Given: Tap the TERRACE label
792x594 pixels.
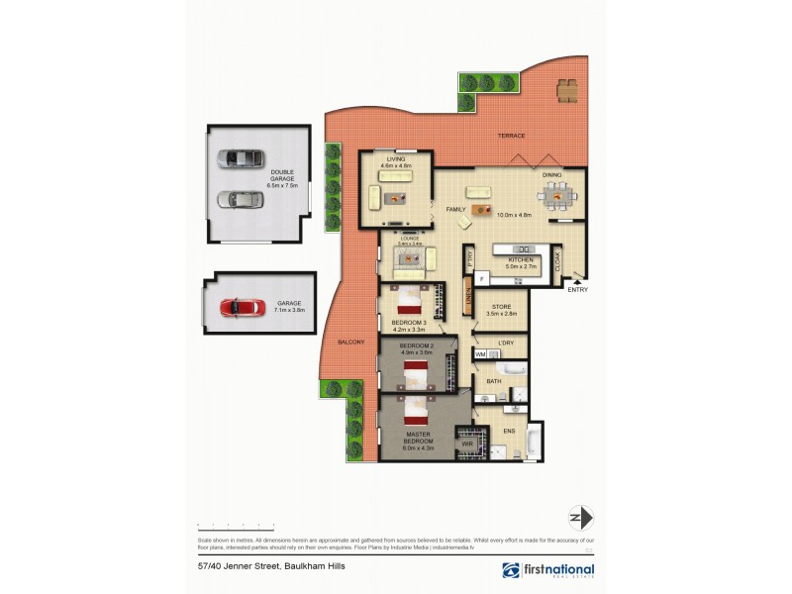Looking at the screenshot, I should point(512,136).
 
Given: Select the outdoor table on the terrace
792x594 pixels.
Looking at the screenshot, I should point(567,92).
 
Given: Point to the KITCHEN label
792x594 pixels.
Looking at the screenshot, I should point(521,259).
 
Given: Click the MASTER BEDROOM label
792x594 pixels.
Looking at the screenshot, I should point(417,439).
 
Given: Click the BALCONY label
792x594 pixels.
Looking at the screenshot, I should point(351,342).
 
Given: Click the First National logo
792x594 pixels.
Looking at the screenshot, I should point(548,570).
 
